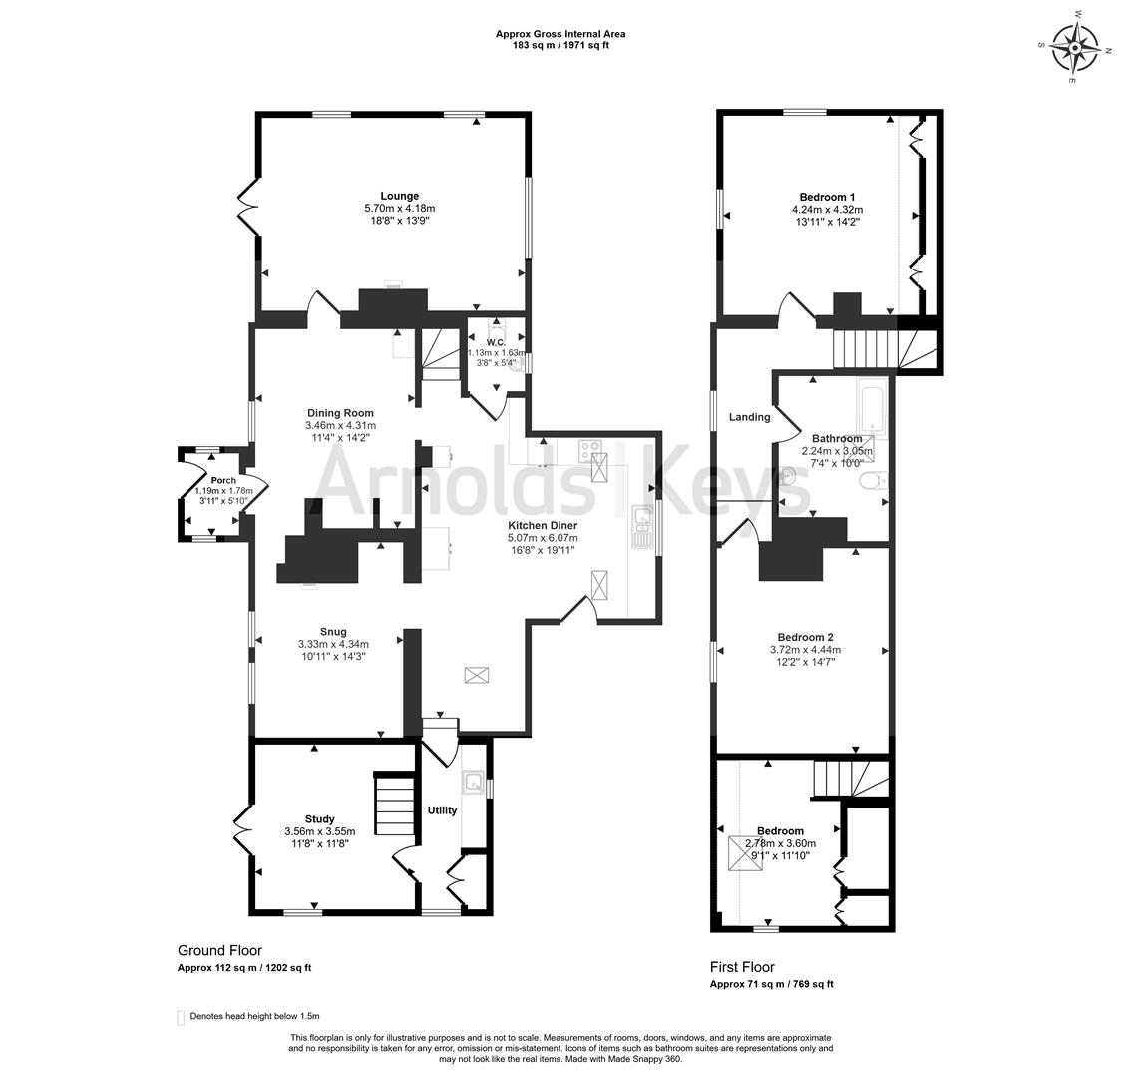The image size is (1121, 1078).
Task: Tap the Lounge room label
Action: click(399, 196)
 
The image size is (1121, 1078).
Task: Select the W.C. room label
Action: click(496, 342)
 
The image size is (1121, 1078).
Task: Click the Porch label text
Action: click(223, 480)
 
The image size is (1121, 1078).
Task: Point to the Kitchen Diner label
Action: click(543, 525)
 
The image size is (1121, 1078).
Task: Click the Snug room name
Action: click(333, 631)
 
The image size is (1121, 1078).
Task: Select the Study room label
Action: click(319, 818)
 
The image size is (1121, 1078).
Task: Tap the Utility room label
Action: click(442, 809)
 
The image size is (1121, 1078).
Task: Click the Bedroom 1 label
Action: click(827, 197)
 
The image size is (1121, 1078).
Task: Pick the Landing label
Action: click(749, 417)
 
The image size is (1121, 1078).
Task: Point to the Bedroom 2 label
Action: click(805, 637)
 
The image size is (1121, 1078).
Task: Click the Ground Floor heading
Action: click(219, 951)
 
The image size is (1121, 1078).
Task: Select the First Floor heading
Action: click(742, 967)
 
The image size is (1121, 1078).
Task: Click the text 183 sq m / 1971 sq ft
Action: click(560, 45)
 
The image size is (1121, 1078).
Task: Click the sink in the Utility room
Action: click(472, 783)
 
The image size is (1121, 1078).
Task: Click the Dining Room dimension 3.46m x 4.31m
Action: click(340, 425)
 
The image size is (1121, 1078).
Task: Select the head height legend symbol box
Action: click(181, 1017)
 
